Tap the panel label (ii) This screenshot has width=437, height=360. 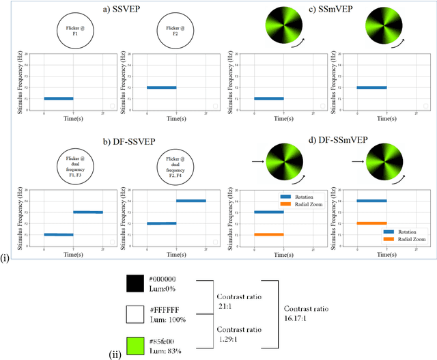(x=115, y=353)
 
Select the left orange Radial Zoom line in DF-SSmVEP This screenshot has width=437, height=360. (x=268, y=234)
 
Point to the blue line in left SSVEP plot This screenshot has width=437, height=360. (x=58, y=98)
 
